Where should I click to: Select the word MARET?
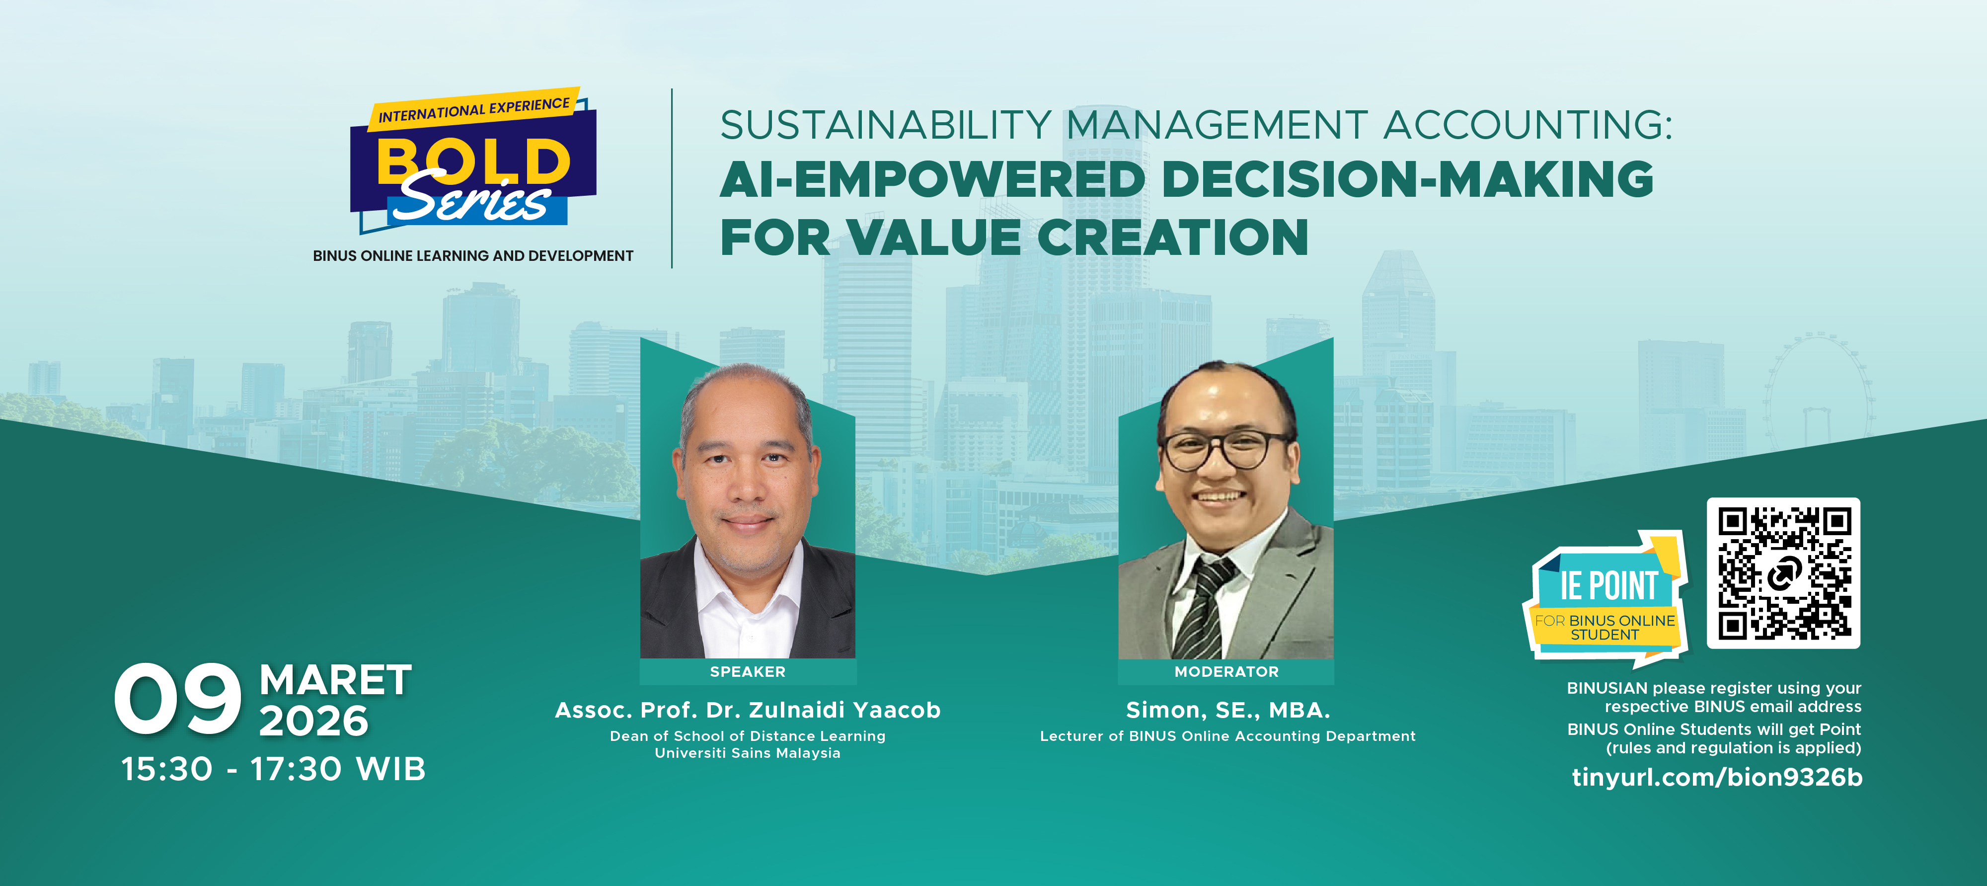point(335,681)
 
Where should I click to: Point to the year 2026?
point(314,721)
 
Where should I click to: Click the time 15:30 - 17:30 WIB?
point(274,769)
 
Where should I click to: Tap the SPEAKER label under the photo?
point(748,671)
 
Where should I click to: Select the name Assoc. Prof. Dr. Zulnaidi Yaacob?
point(748,710)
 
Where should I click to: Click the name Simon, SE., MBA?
point(1228,710)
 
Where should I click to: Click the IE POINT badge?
point(1606,599)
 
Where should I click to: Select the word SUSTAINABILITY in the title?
point(886,125)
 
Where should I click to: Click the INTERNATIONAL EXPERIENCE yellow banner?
point(473,108)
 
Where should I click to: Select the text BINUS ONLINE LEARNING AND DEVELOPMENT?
point(473,255)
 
